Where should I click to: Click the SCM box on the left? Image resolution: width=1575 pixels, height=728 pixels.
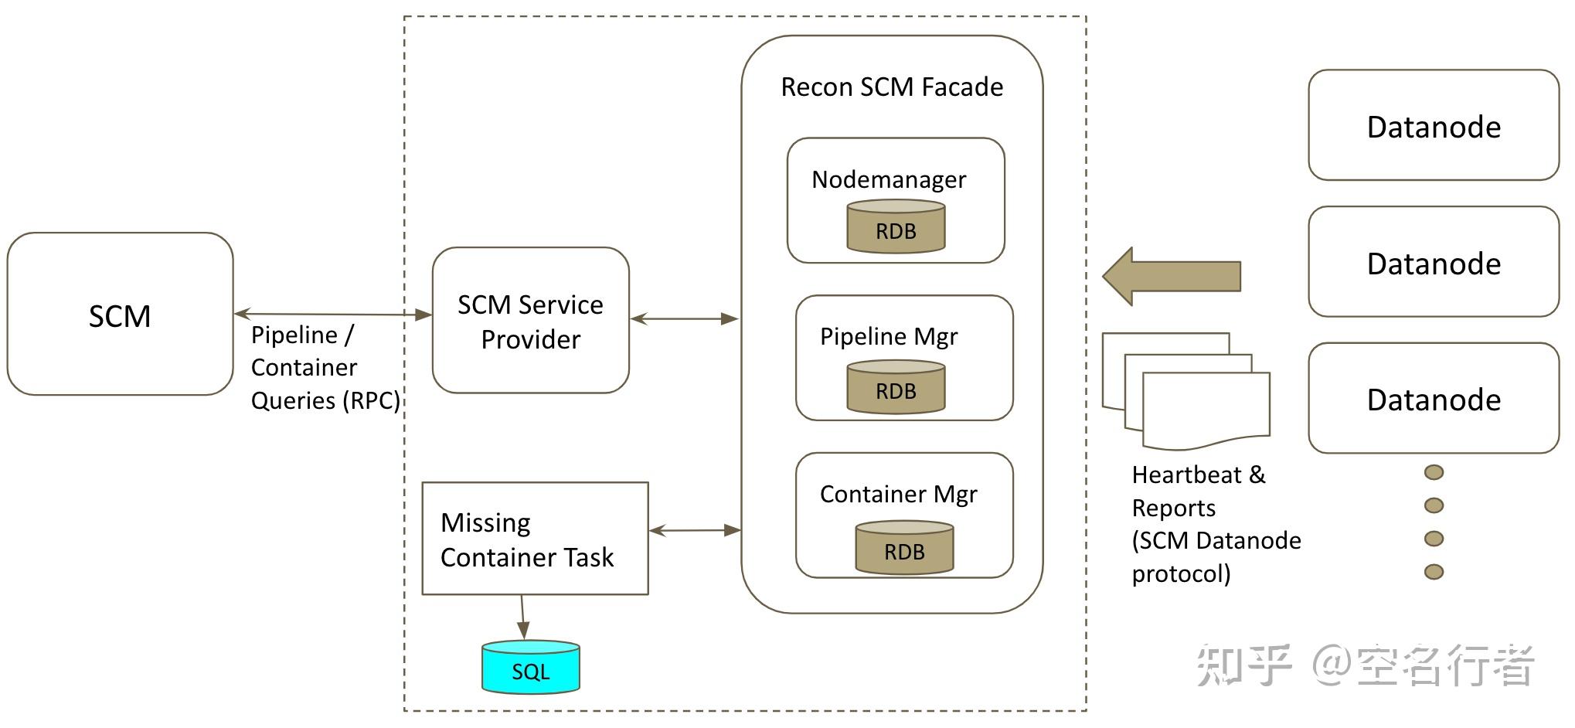120,315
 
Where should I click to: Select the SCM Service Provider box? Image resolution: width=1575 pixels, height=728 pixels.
530,321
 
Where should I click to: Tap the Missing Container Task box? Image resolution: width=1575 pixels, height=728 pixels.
535,539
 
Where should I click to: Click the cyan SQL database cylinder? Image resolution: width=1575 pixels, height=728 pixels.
530,667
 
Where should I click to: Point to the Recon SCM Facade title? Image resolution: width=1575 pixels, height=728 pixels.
892,87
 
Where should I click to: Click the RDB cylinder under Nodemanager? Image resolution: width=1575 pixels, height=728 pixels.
896,226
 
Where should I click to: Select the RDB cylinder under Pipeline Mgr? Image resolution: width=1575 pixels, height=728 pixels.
896,387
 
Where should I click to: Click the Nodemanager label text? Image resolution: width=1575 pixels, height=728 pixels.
888,179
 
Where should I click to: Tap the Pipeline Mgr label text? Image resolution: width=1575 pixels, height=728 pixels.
889,336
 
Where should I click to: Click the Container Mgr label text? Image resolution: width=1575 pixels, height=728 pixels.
898,494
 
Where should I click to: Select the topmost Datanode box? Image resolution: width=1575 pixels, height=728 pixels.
1434,125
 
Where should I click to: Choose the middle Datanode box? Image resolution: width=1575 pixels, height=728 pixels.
1434,262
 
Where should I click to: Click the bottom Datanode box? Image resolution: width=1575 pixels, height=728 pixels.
1434,399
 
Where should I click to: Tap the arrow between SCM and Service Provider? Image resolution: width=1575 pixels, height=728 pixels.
332,314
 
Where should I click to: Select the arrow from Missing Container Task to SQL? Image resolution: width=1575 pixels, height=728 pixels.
523,617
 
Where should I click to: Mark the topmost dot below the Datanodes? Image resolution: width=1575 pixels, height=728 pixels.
1434,472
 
